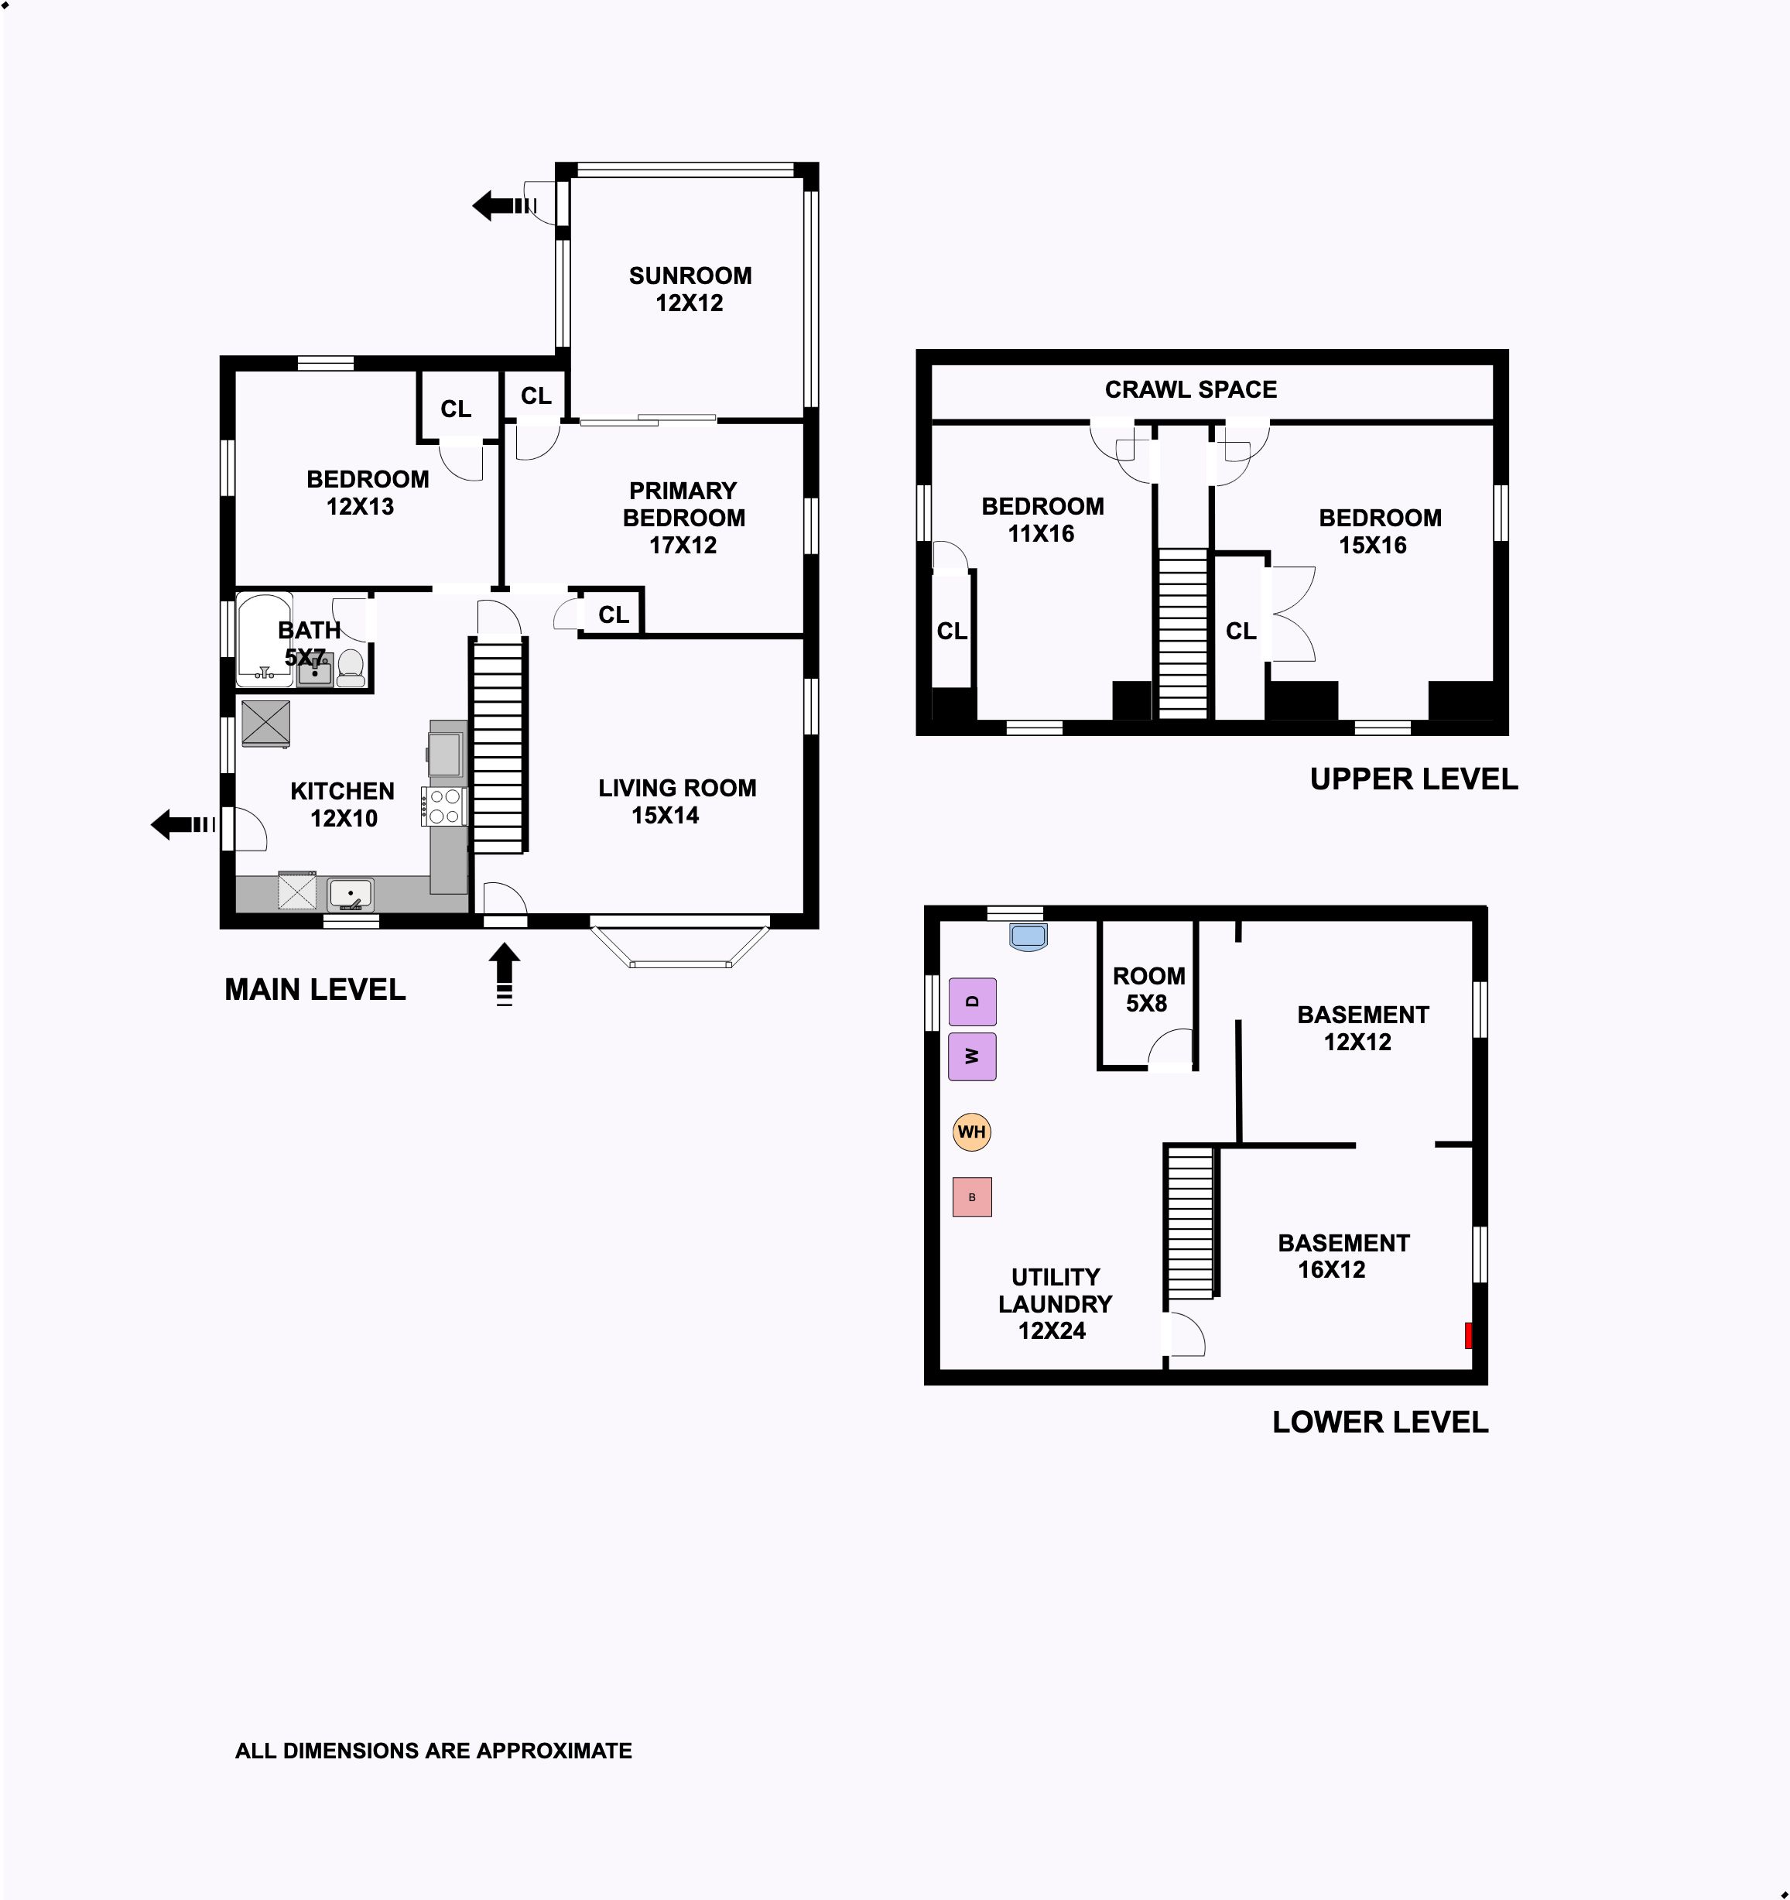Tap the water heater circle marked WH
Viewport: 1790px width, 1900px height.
(x=971, y=1131)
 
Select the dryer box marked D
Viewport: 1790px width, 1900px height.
(x=972, y=1001)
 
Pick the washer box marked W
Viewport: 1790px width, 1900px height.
(x=972, y=1056)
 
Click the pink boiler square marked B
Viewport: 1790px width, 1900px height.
(x=972, y=1196)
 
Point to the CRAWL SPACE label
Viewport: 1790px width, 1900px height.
(x=1191, y=390)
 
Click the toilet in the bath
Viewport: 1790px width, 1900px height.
(x=351, y=667)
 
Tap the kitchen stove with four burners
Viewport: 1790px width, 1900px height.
(x=444, y=806)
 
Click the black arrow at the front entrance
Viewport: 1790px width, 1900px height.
(x=505, y=974)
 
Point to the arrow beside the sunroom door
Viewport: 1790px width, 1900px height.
(x=505, y=206)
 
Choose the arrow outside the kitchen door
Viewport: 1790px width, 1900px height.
(x=183, y=823)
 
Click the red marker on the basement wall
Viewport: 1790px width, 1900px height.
(x=1469, y=1335)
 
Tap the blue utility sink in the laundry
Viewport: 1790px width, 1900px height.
(x=1028, y=936)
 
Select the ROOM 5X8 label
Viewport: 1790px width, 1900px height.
(x=1148, y=989)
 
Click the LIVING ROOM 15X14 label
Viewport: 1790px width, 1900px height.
(x=676, y=801)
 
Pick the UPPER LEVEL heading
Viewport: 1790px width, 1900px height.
(x=1413, y=779)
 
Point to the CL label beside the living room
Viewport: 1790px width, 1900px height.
(x=614, y=615)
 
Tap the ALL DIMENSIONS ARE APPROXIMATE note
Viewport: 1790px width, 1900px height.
(x=434, y=1751)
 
